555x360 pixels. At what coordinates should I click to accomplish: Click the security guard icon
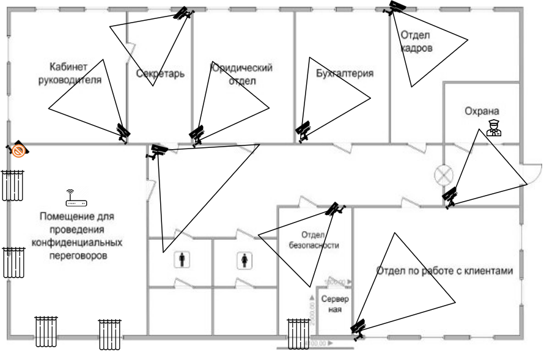click(493, 128)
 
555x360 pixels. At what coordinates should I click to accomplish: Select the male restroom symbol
click(183, 260)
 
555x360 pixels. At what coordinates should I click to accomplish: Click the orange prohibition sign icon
click(20, 150)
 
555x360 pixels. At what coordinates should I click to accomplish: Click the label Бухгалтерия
click(344, 74)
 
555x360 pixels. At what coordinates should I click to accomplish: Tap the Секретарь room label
click(160, 74)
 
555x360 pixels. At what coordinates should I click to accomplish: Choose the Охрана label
click(482, 111)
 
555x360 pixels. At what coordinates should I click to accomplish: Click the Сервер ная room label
click(334, 304)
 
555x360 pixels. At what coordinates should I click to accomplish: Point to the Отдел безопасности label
click(312, 240)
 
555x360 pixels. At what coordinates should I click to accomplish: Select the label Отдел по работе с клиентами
click(444, 271)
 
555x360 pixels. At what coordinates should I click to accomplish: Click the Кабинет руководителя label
click(69, 73)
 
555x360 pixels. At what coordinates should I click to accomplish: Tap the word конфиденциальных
click(76, 243)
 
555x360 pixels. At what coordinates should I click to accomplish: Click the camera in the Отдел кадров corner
click(396, 8)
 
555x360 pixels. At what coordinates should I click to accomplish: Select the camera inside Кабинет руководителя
click(123, 131)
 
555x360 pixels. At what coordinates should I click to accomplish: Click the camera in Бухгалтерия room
click(303, 130)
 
